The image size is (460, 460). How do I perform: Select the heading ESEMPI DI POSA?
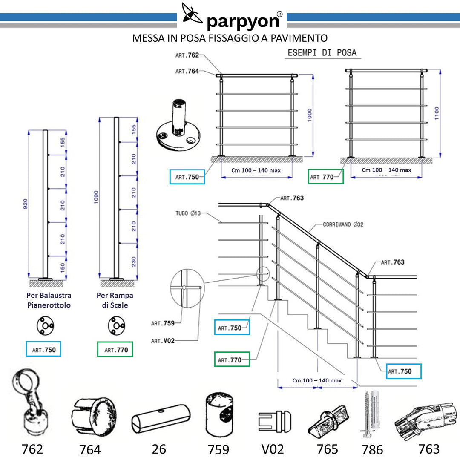point(322,53)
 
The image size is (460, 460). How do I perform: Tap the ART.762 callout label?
point(187,55)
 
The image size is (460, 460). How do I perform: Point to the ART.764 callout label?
point(187,71)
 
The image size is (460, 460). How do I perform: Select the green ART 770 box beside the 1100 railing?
point(326,177)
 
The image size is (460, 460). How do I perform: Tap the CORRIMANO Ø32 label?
point(343,224)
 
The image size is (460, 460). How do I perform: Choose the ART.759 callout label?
point(163,323)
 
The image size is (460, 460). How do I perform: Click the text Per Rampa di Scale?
point(115,300)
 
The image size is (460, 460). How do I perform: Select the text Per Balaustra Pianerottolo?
point(49,300)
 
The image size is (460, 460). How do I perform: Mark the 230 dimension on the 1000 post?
point(134,261)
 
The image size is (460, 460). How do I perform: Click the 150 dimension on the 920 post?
point(63,267)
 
